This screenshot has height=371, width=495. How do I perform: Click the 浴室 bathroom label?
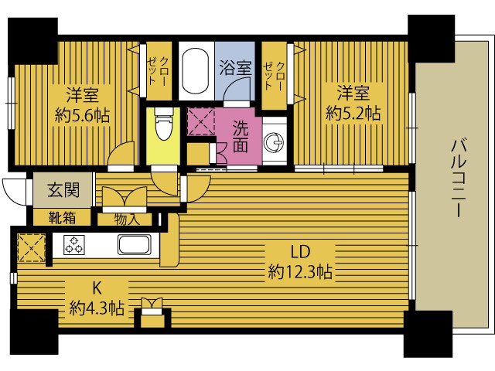(235, 67)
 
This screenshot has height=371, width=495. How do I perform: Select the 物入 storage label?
(127, 220)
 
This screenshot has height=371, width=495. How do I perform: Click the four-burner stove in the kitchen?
(75, 246)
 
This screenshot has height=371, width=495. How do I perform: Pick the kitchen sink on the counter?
(138, 246)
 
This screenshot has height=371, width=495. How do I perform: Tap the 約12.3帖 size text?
(300, 272)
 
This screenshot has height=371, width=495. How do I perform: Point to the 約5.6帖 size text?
(82, 115)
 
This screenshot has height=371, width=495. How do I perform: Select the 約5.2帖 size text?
(352, 114)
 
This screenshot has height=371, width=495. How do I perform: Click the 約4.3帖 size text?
(97, 308)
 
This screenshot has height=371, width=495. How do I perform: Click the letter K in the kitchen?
(97, 288)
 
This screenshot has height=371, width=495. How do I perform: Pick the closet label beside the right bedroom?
(274, 70)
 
